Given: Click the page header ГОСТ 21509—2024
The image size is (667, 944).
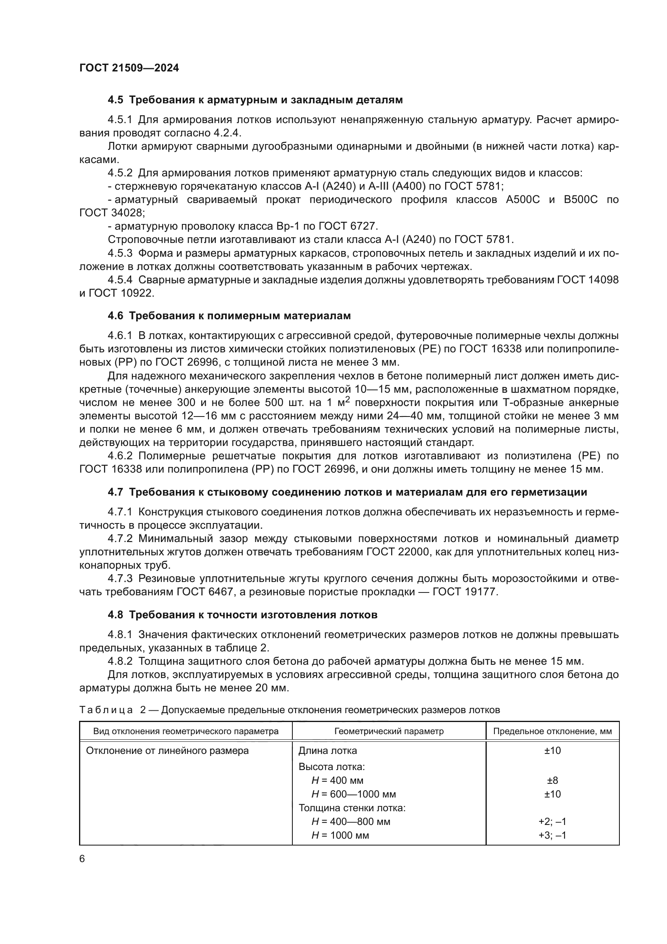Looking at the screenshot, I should coord(129,68).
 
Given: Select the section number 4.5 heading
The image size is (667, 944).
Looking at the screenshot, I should coord(115,100).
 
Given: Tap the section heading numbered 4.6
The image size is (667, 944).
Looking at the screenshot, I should coord(115,316).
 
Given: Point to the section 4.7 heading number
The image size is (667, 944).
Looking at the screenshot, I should coord(115,492).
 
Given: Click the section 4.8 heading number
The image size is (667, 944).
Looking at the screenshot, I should coord(115,615).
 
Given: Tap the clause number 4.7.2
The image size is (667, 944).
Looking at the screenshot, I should coord(120,539).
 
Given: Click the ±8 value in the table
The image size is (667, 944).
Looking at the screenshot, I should coord(552,781).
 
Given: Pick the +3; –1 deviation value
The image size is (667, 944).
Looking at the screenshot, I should coord(552,835).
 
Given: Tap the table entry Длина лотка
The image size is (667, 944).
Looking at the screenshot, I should coord(327,751).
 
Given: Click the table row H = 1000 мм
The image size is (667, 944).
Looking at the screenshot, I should coord(340,835).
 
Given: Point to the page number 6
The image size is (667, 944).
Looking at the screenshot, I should coord(82,859).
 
